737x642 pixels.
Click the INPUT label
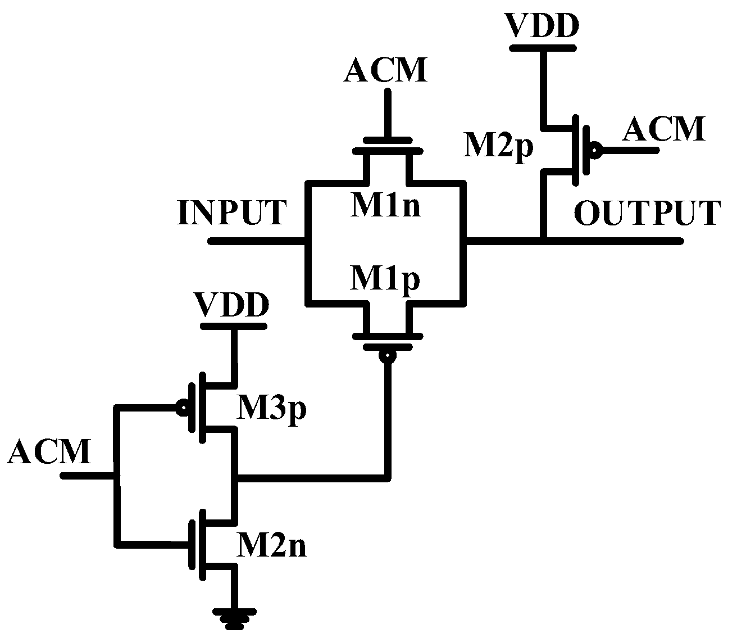pyautogui.click(x=231, y=213)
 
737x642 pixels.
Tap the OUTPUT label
pyautogui.click(x=647, y=213)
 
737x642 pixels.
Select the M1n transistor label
pyautogui.click(x=385, y=207)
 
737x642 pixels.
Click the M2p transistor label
pyautogui.click(x=498, y=147)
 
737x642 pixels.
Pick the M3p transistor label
pyautogui.click(x=271, y=409)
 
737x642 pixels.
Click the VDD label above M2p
pyautogui.click(x=542, y=26)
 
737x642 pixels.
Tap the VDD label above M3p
pyautogui.click(x=231, y=306)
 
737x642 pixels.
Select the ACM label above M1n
pyautogui.click(x=385, y=71)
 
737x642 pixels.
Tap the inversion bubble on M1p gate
pyautogui.click(x=387, y=356)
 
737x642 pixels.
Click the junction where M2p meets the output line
pyautogui.click(x=543, y=241)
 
